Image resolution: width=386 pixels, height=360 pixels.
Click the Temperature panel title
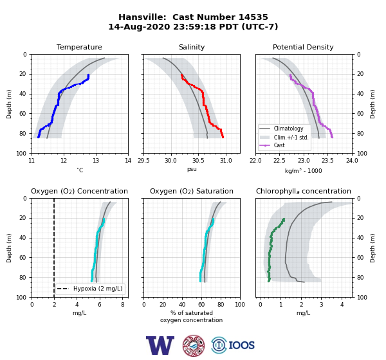tap(79, 47)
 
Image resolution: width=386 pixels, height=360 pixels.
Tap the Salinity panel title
tap(192, 47)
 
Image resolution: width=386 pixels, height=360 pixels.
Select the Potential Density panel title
tap(303, 47)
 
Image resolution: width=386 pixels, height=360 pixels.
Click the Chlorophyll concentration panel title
tap(304, 191)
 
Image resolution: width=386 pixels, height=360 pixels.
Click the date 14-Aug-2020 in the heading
tap(139, 26)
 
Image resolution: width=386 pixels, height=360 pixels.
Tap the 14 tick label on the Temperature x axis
tap(128, 161)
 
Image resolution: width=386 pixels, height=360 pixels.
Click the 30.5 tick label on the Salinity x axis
tap(198, 161)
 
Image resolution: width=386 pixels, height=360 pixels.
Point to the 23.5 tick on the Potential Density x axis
tap(328, 161)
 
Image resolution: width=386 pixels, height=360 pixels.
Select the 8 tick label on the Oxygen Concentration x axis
tap(123, 305)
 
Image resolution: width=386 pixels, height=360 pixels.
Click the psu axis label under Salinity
tap(192, 169)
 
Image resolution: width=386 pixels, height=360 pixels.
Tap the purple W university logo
tap(160, 345)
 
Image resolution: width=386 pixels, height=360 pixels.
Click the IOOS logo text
tap(242, 345)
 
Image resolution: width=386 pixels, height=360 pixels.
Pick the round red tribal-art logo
tap(194, 345)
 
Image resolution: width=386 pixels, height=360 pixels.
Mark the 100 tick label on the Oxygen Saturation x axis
tap(240, 305)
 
